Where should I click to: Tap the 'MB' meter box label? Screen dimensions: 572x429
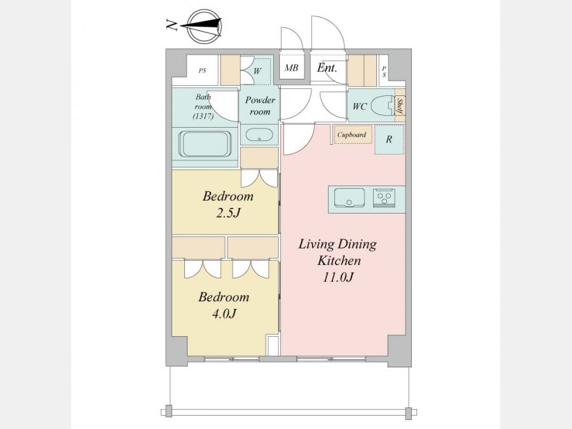(291, 68)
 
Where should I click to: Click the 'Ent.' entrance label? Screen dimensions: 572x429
(327, 67)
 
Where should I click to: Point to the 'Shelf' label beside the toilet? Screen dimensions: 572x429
(400, 106)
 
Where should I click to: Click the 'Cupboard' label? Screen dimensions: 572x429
(351, 135)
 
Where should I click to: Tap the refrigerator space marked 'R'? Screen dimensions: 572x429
(389, 139)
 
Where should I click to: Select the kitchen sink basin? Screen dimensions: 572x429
(350, 198)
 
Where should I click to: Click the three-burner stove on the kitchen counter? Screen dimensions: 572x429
(384, 198)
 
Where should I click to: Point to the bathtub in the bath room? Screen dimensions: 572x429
(205, 144)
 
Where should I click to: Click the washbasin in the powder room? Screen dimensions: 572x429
(259, 135)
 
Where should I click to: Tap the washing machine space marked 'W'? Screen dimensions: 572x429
(257, 71)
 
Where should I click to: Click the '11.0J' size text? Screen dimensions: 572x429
(338, 277)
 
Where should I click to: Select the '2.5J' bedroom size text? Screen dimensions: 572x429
(228, 213)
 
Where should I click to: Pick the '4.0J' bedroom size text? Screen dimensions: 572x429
(224, 313)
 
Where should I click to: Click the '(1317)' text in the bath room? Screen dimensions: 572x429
(203, 116)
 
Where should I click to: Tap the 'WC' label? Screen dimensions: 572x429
(359, 107)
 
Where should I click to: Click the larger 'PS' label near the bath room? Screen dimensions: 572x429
(203, 71)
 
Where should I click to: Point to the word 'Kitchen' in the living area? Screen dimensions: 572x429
(339, 261)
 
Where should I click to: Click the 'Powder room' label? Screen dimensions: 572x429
(260, 106)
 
